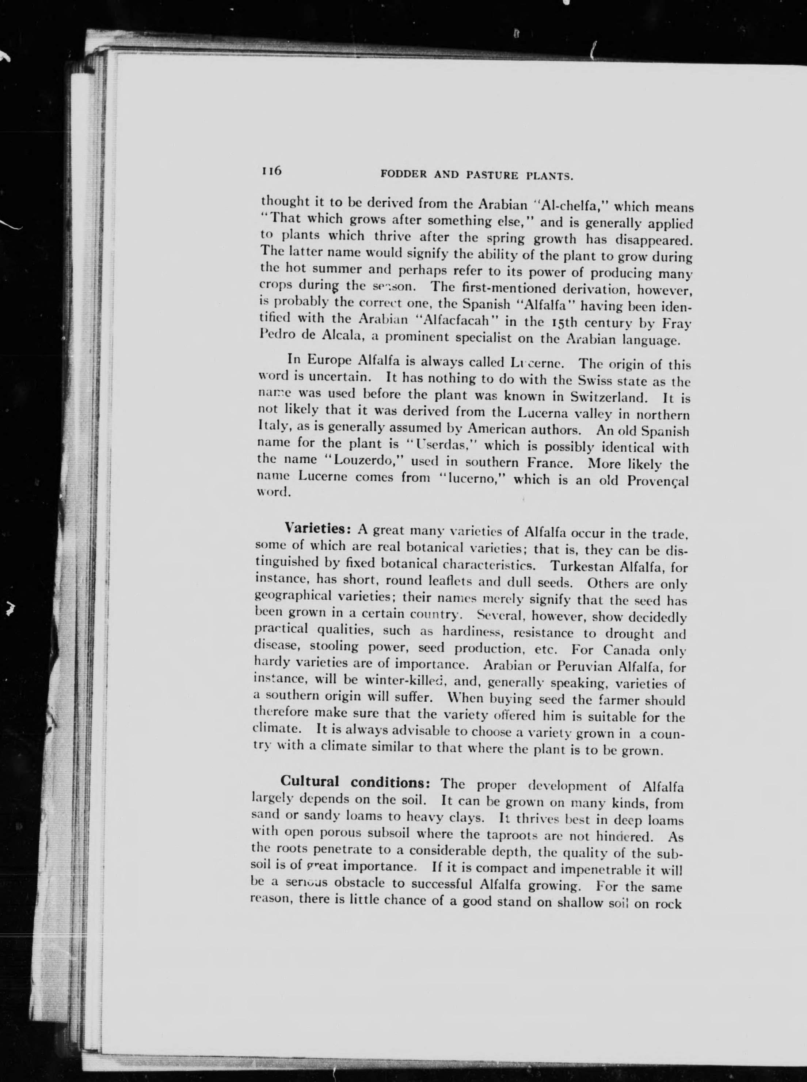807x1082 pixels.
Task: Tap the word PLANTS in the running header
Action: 549,176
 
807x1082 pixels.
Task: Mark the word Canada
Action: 628,650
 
